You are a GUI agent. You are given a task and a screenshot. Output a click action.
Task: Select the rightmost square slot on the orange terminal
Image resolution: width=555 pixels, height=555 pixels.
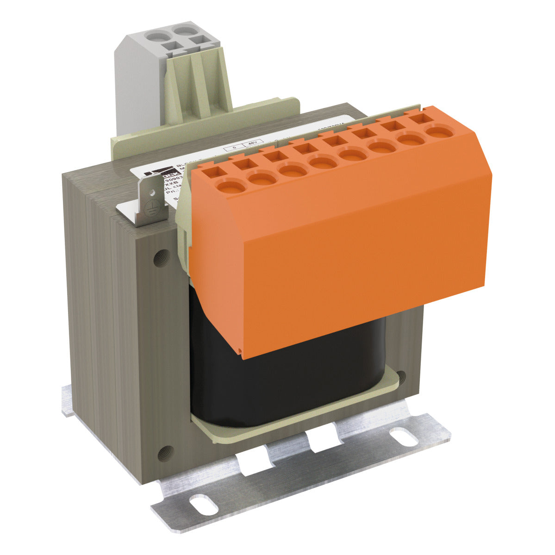pyautogui.click(x=419, y=118)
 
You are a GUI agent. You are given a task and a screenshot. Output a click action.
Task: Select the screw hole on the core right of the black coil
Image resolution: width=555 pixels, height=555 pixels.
pyautogui.click(x=401, y=378)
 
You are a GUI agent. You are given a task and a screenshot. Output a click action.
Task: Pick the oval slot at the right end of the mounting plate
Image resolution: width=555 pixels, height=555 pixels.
pyautogui.click(x=402, y=435)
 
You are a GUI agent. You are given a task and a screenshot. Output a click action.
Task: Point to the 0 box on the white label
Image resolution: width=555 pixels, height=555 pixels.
pyautogui.click(x=235, y=147)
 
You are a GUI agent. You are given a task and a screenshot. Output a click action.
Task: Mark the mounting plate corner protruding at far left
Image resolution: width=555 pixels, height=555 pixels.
pyautogui.click(x=68, y=400)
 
